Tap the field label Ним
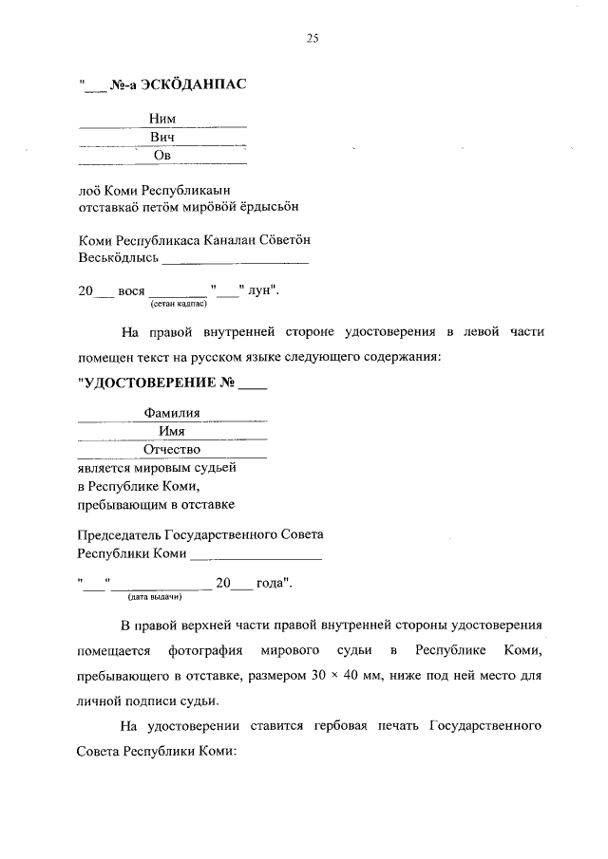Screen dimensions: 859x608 point(161,119)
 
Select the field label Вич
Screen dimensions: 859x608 point(161,138)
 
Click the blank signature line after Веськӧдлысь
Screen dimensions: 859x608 point(235,258)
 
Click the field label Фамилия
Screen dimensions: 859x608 point(172,413)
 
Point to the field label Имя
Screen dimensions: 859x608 point(172,431)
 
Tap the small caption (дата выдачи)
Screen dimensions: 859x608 point(154,598)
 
